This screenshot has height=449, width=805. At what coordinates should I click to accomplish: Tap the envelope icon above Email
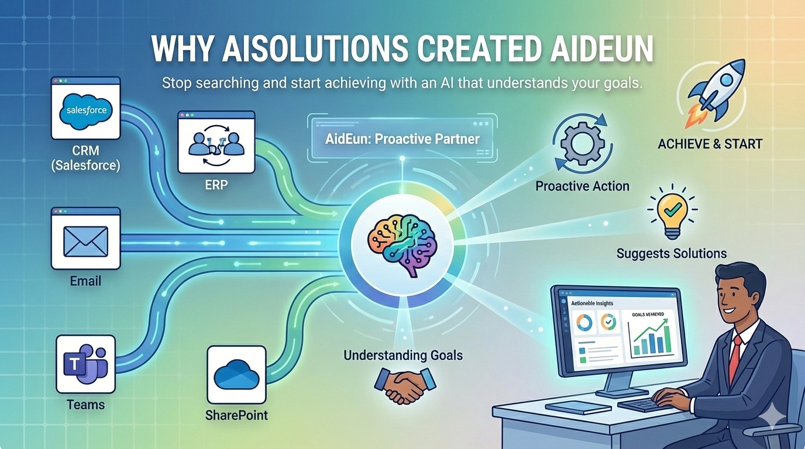(85, 241)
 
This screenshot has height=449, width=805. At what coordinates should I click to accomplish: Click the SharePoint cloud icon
(236, 375)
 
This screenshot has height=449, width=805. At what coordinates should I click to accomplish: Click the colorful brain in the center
(401, 241)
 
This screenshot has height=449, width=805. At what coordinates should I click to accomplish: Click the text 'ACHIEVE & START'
(710, 143)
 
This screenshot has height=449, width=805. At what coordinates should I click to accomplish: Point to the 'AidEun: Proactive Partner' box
(402, 139)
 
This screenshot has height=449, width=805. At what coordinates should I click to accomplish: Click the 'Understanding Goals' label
(403, 355)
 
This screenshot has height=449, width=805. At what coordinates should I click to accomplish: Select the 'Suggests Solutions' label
(672, 253)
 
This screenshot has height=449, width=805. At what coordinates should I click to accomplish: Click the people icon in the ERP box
(216, 143)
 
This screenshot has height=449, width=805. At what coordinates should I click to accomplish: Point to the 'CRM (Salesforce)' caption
(85, 158)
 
